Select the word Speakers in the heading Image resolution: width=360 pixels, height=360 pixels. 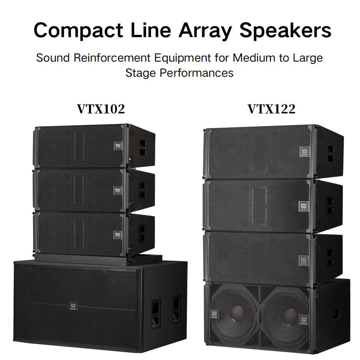[x=285, y=31]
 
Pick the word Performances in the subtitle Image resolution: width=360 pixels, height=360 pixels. [x=196, y=72]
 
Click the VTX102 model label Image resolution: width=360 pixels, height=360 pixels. [x=101, y=109]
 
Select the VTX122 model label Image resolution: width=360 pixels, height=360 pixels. [x=271, y=109]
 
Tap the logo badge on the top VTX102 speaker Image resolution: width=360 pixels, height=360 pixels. [x=117, y=145]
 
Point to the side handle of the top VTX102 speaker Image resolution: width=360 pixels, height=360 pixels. [x=142, y=148]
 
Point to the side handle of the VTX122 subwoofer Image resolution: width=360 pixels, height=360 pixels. [x=336, y=314]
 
